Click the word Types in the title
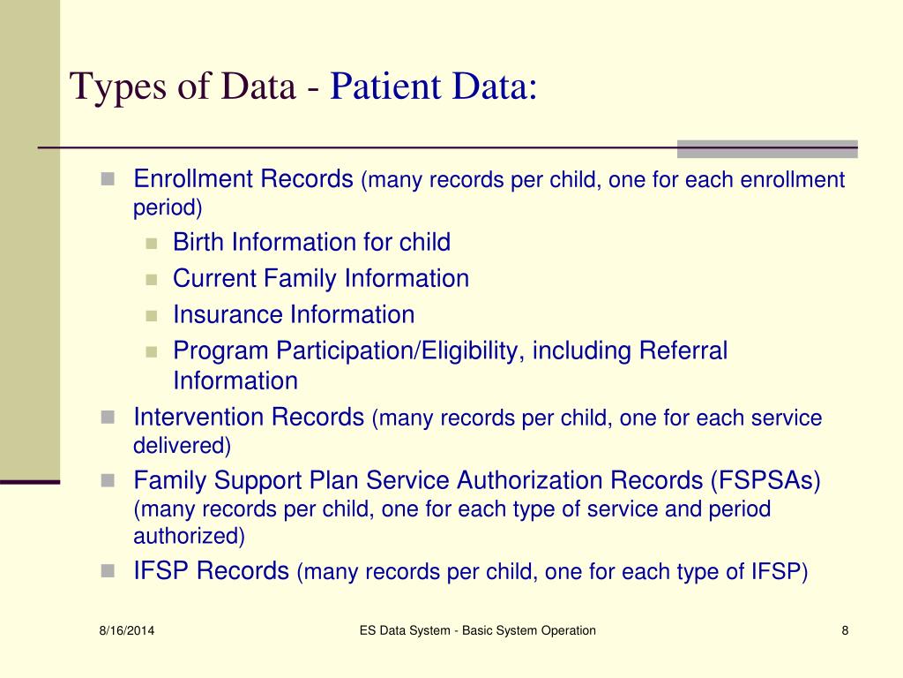tap(113, 88)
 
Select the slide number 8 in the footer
tap(845, 630)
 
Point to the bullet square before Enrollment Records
tap(108, 179)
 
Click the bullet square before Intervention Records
tap(108, 417)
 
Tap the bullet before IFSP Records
tap(108, 571)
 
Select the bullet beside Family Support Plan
tap(108, 480)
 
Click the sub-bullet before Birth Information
tap(151, 243)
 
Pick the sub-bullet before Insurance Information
tap(151, 315)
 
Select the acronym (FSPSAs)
tap(765, 480)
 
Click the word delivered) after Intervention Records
tap(182, 446)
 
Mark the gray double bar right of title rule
tap(766, 148)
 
